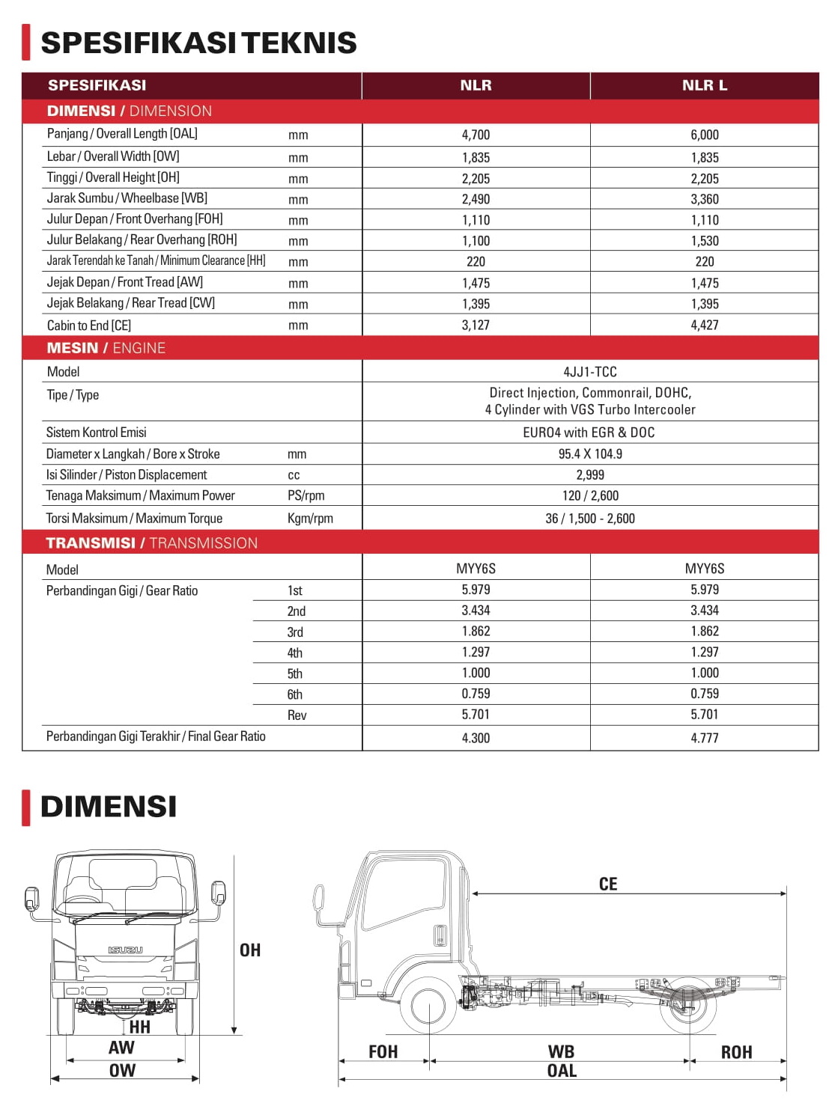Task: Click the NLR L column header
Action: click(x=704, y=85)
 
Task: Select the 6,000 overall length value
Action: click(x=704, y=135)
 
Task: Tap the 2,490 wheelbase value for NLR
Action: click(x=476, y=199)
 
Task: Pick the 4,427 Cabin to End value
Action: click(x=704, y=325)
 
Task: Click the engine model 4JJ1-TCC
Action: click(x=590, y=372)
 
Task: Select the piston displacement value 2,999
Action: click(x=590, y=474)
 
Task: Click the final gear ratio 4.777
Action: click(x=704, y=738)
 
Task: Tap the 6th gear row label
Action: click(x=295, y=694)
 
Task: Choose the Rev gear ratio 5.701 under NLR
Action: click(x=476, y=715)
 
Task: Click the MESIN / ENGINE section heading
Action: click(x=106, y=348)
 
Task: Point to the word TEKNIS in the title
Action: click(x=299, y=43)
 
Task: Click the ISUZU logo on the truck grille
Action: click(x=125, y=950)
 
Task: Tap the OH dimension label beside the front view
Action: click(x=250, y=950)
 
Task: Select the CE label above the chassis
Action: click(x=608, y=885)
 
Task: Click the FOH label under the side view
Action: click(x=383, y=1052)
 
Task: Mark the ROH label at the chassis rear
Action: click(x=736, y=1052)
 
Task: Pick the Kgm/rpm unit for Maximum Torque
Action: click(x=310, y=519)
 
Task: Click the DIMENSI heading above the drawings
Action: click(x=109, y=807)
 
